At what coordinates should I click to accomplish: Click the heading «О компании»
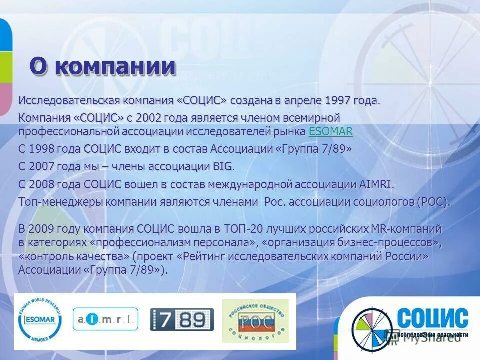coord(102,66)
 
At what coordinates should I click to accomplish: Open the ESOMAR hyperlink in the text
coord(331,132)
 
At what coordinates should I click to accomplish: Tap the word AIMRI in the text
coord(376,184)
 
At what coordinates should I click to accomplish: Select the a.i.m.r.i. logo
coord(105,319)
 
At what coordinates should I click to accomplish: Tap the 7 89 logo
coord(182,319)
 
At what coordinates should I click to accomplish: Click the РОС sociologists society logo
coord(255,320)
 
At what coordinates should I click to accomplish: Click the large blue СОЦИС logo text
coord(433,318)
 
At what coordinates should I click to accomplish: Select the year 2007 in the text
coord(44,166)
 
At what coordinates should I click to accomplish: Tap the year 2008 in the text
coord(44,184)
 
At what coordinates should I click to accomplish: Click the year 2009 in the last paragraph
coord(44,229)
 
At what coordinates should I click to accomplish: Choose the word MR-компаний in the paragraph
coord(405,229)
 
